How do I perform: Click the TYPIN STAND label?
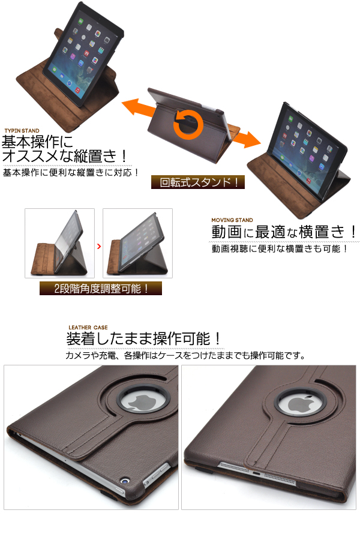tap(22, 131)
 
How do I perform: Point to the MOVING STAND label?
tap(232, 220)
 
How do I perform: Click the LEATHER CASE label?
tap(88, 328)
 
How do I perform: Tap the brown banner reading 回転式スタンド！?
tap(198, 182)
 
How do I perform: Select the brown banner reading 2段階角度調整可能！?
tap(101, 289)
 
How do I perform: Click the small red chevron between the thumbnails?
tap(99, 246)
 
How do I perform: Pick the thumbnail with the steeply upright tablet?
tap(59, 243)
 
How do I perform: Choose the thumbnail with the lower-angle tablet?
tap(138, 243)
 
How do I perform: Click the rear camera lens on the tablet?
tap(125, 480)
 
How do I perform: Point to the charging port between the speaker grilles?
tap(256, 472)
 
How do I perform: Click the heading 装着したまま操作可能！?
tap(144, 339)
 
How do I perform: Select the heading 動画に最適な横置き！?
tap(284, 232)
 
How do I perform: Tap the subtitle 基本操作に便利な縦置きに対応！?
tap(71, 172)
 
